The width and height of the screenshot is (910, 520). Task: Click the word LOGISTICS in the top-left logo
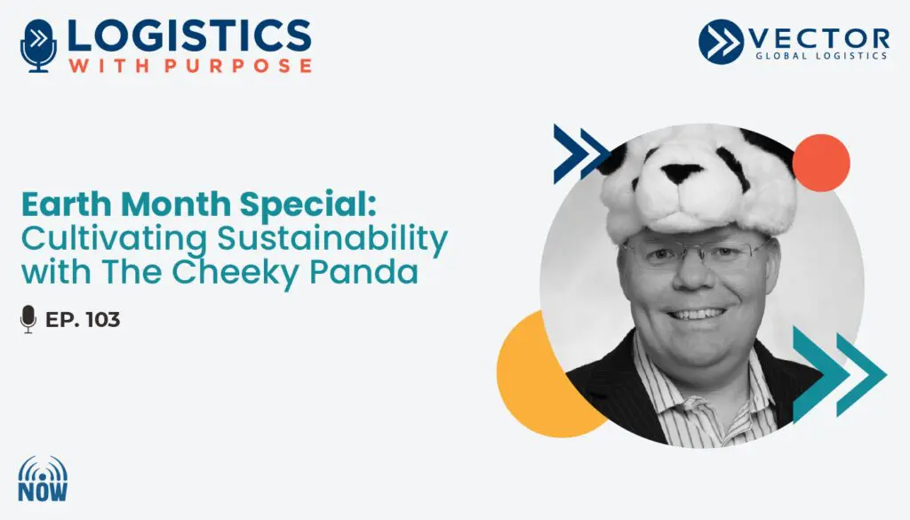tap(189, 36)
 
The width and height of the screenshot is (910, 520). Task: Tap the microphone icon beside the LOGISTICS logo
tap(39, 46)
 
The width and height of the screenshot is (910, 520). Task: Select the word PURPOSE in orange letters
tap(238, 66)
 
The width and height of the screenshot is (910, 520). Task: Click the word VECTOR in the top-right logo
tap(819, 39)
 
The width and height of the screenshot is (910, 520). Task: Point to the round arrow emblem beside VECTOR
tap(721, 42)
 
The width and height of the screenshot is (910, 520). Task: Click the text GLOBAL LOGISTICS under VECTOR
tap(821, 56)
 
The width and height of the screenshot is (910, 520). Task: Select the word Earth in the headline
tap(68, 204)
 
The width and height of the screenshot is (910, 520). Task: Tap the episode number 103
tap(103, 320)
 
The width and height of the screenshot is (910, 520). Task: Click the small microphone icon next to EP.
tap(28, 319)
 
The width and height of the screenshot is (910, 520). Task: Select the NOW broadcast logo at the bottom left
tap(43, 478)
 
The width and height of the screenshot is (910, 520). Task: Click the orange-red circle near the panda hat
tap(820, 163)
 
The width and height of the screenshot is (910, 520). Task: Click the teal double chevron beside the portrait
tap(839, 374)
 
